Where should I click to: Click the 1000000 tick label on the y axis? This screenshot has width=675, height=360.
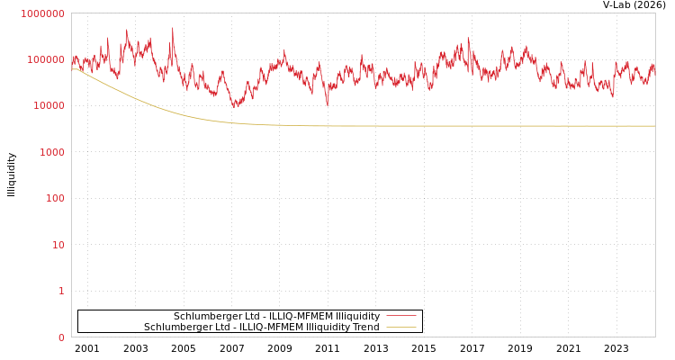pos(42,13)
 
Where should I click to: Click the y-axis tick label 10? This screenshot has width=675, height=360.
pos(58,245)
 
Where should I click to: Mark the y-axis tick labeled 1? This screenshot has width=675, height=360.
pos(61,291)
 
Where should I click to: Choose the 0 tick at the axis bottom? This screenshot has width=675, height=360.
pos(61,337)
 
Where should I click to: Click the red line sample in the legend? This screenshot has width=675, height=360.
pos(400,316)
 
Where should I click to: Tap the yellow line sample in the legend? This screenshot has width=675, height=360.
pos(400,327)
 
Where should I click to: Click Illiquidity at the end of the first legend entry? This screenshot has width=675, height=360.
pos(357,316)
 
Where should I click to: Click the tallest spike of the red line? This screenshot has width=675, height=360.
pos(173,28)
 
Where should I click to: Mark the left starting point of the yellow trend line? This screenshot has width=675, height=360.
pos(72,68)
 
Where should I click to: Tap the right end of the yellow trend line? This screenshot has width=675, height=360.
pos(654,126)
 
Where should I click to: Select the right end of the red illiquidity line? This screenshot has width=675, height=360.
pos(654,67)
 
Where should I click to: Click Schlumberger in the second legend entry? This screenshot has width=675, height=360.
pos(175,327)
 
